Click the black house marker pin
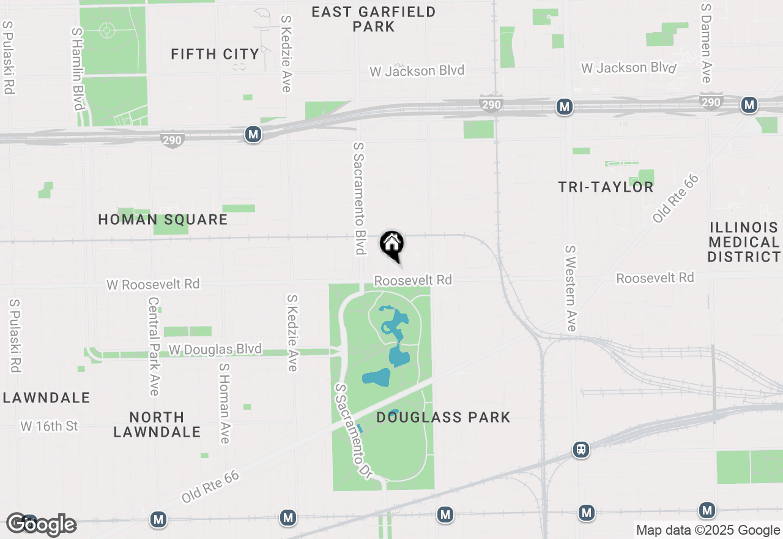[392, 245]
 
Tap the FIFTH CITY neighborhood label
[215, 55]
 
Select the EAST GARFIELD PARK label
[373, 19]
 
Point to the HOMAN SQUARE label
[163, 219]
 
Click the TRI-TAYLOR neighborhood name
[606, 187]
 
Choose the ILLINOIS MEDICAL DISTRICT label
[744, 242]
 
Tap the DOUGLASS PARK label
[443, 418]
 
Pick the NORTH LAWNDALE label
[157, 424]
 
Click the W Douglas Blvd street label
[215, 350]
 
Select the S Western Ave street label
[571, 288]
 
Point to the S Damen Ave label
[707, 43]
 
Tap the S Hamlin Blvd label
[77, 69]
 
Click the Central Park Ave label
[154, 346]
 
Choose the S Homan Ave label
[224, 403]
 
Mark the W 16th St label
[50, 426]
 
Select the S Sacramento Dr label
[353, 431]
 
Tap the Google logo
[41, 524]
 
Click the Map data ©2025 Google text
[708, 530]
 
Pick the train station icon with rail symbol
[581, 450]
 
